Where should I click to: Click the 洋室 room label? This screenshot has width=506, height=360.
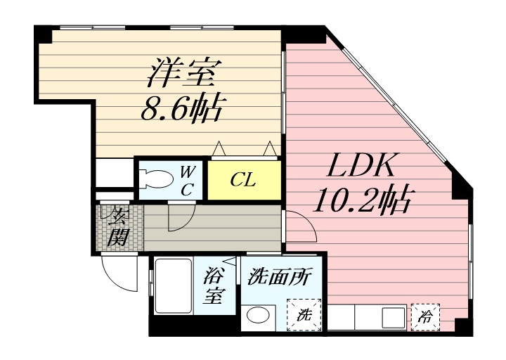click(181, 72)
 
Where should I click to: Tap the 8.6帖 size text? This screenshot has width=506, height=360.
click(182, 108)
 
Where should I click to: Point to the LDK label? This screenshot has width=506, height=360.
click(361, 165)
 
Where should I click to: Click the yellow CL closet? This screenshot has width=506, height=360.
click(244, 180)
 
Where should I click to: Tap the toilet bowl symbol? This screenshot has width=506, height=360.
click(159, 179)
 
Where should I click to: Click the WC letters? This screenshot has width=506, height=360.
click(186, 181)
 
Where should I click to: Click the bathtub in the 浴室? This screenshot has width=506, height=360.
click(174, 286)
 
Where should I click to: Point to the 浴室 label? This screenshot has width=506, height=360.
click(214, 286)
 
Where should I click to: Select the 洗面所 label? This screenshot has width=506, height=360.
click(279, 276)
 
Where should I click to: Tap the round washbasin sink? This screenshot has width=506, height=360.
click(257, 315)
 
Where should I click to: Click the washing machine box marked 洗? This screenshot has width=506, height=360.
click(304, 315)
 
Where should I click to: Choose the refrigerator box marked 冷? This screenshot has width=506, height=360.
click(425, 317)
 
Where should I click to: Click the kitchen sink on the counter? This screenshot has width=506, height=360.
click(394, 317)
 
